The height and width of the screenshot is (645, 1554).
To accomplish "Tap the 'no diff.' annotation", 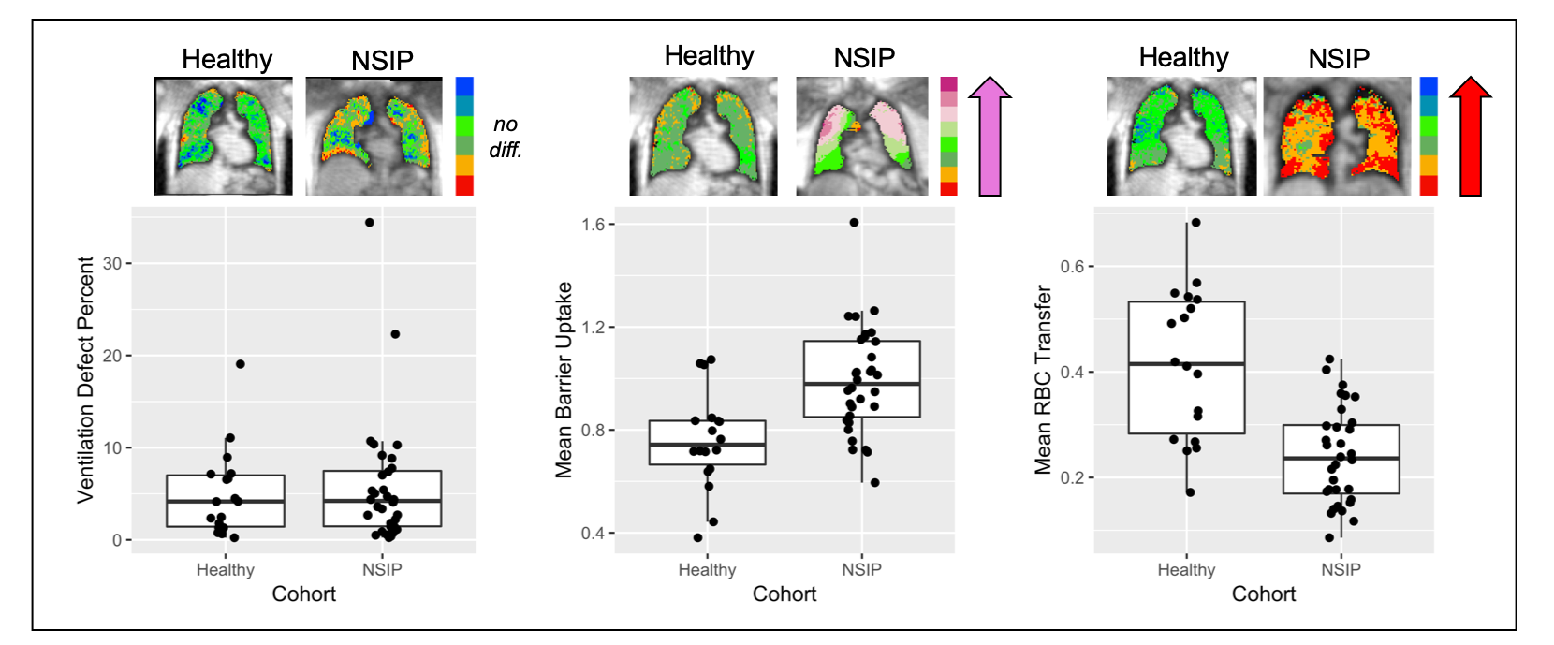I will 506,137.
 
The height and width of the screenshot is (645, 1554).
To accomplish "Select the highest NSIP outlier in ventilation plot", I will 370,223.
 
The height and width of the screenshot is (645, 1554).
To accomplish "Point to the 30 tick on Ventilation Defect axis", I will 112,264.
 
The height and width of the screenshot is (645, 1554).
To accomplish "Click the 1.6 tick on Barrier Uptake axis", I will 593,225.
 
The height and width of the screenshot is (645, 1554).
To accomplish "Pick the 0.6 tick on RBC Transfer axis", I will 1072,267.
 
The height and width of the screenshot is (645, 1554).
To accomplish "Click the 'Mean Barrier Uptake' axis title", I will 564,380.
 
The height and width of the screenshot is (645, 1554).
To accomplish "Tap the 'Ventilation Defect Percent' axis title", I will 85,380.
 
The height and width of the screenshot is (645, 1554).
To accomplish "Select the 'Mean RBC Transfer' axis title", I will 1043,380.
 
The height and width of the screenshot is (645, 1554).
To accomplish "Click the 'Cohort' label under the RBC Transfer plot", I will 1263,594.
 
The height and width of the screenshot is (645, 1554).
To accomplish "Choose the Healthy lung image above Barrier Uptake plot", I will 703,137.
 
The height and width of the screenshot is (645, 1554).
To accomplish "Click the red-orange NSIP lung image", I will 1336,137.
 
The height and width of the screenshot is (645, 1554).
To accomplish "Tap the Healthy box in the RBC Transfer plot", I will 1186,367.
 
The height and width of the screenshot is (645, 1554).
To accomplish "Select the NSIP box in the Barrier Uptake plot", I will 861,378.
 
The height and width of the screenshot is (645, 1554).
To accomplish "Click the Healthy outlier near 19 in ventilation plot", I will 241,364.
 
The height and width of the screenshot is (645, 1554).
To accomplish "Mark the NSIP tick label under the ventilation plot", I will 382,570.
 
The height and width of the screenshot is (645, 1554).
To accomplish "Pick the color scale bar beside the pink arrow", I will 948,137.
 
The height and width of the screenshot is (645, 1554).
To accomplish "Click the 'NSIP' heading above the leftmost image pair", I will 382,61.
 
